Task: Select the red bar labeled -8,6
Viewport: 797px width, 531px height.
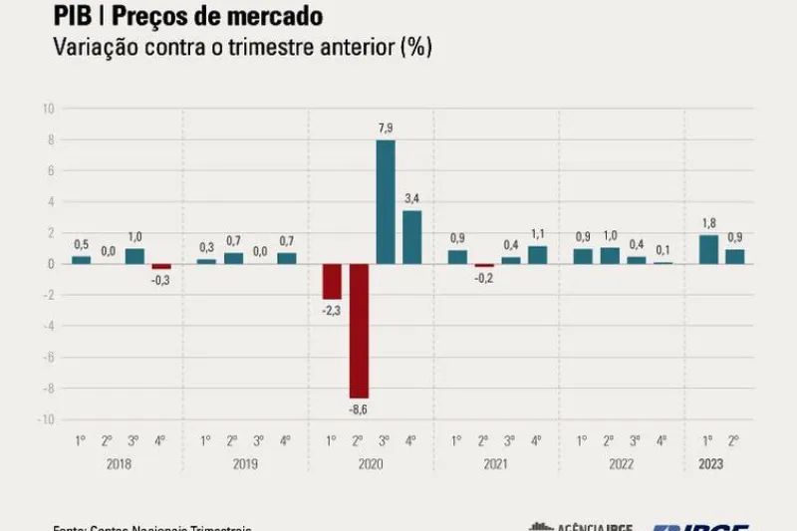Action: (x=360, y=331)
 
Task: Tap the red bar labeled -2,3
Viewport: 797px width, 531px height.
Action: (x=333, y=281)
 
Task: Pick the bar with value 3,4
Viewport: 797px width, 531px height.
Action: (x=411, y=237)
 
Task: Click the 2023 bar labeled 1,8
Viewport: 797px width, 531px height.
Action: (x=709, y=249)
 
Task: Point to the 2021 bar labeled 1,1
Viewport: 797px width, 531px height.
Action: (x=537, y=255)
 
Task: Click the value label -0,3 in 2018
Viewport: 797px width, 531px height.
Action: (x=160, y=280)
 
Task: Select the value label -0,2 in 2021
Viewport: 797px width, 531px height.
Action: (x=485, y=278)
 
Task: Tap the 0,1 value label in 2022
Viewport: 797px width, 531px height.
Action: (x=662, y=250)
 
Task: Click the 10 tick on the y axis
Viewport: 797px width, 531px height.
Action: (x=47, y=109)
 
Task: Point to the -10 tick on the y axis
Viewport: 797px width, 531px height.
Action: (x=45, y=419)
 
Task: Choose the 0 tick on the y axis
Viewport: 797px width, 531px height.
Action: (x=49, y=264)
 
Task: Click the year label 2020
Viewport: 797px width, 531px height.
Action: (x=372, y=464)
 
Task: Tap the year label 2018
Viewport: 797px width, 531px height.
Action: (x=121, y=464)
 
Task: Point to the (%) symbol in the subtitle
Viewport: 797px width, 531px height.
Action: (x=413, y=48)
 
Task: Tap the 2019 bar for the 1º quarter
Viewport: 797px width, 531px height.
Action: (x=206, y=261)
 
